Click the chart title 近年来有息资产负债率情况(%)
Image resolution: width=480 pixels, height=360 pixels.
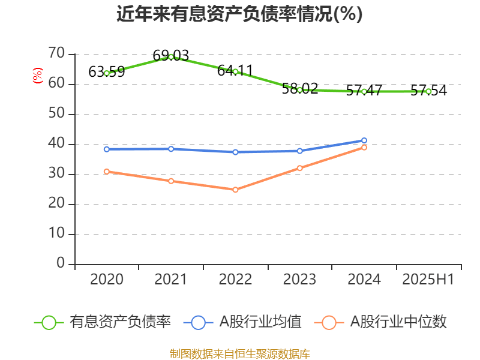pos(239,14)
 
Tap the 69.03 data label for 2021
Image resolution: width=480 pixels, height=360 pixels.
pos(170,56)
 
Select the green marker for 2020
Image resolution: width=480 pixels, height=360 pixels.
pos(107,73)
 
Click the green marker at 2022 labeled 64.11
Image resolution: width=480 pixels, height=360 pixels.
pos(235,71)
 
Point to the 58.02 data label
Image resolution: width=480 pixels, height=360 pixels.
pos(299,89)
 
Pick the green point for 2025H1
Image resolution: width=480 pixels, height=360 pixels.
pos(428,91)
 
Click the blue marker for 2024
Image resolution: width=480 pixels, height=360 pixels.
pos(364,140)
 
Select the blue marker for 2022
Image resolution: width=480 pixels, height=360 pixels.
pos(235,152)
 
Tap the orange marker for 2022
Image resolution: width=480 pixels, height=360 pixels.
pos(235,190)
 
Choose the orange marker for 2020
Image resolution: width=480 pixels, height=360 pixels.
pos(107,172)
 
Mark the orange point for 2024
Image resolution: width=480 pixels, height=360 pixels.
pos(364,148)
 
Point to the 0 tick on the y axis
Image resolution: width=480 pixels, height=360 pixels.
pos(61,264)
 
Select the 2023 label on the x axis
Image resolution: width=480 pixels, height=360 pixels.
pos(299,280)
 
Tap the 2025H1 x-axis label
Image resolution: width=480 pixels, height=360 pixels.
pos(428,280)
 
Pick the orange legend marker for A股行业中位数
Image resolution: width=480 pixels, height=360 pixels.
pos(329,322)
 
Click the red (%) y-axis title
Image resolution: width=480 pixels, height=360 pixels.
pos(38,76)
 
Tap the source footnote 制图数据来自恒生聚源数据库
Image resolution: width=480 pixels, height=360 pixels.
pos(239,353)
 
